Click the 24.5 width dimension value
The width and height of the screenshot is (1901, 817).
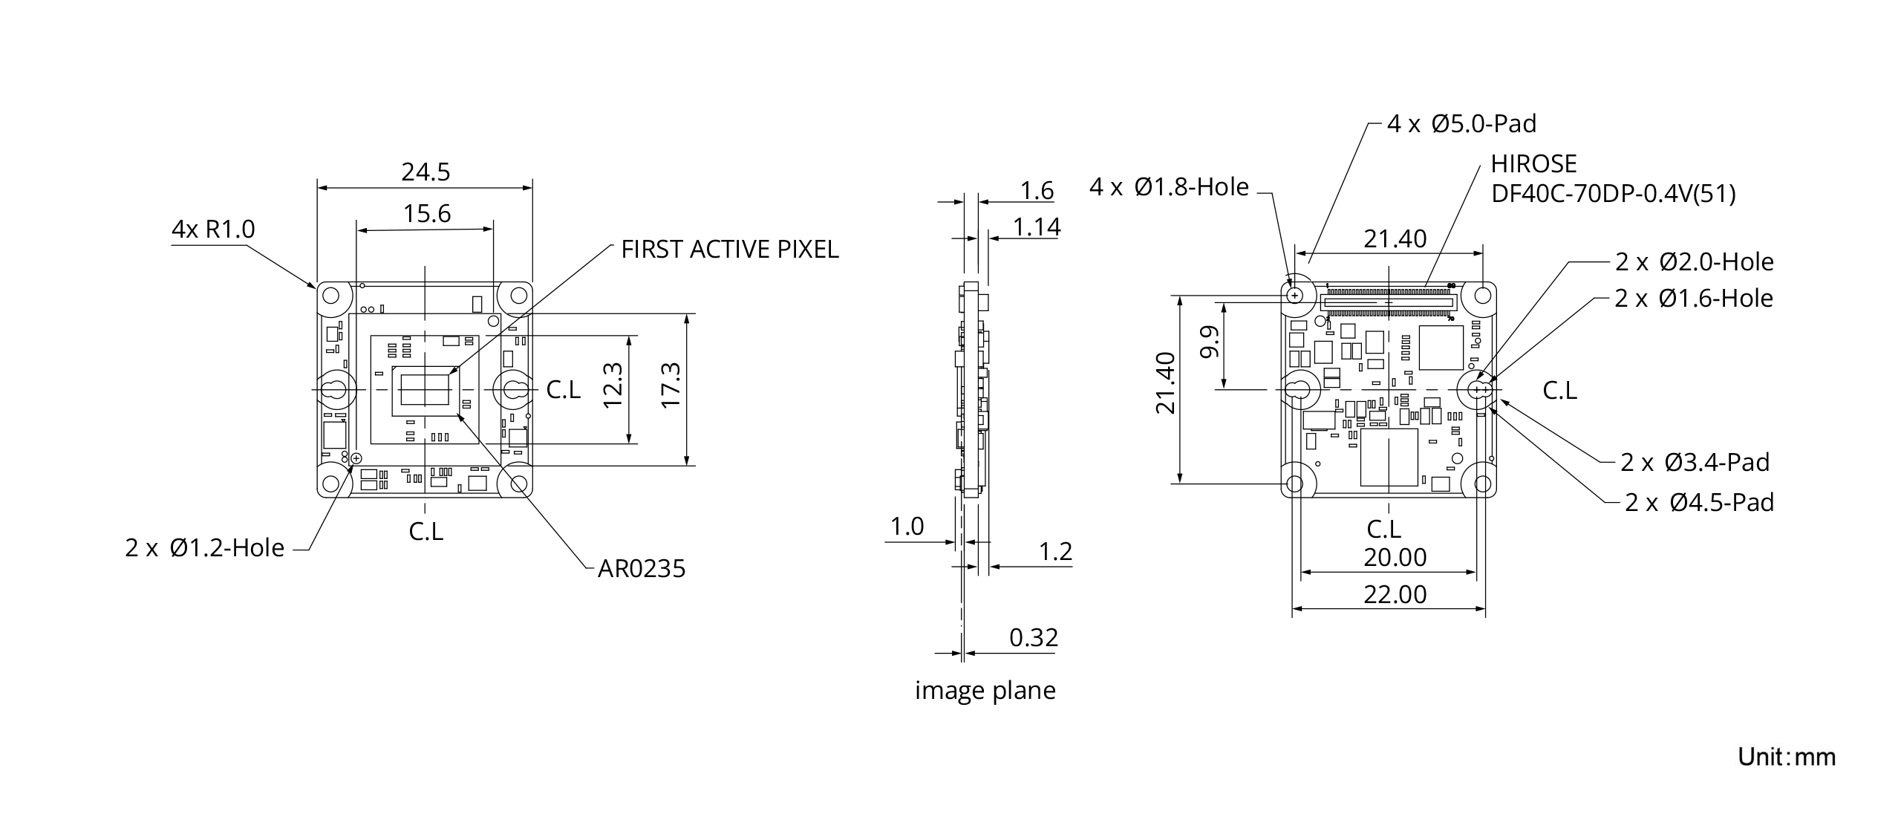425,172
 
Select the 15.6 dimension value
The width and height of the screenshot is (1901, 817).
427,214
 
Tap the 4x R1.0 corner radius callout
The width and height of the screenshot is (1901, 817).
213,229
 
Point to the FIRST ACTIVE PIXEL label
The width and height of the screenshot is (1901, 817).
729,250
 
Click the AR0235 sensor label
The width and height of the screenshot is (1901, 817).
642,569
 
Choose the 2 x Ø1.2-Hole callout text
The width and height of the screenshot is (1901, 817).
205,548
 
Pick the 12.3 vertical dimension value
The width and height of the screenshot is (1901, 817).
613,385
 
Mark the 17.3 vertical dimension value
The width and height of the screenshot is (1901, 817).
671,385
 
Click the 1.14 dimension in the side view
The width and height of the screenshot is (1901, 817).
1037,227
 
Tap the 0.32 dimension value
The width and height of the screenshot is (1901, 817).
1034,637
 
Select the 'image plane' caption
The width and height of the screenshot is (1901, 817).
985,690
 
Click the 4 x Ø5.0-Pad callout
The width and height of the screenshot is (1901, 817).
1461,123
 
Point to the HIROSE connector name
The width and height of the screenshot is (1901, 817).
1533,163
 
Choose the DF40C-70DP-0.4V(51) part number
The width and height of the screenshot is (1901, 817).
1613,194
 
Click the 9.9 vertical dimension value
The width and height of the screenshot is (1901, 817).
1210,342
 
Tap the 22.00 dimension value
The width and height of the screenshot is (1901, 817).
1395,594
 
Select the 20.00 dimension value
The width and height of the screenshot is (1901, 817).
1395,557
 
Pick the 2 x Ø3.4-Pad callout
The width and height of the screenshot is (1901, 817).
1695,463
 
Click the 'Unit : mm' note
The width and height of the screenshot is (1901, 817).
1787,757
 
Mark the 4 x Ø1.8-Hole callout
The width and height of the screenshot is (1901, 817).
1169,187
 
